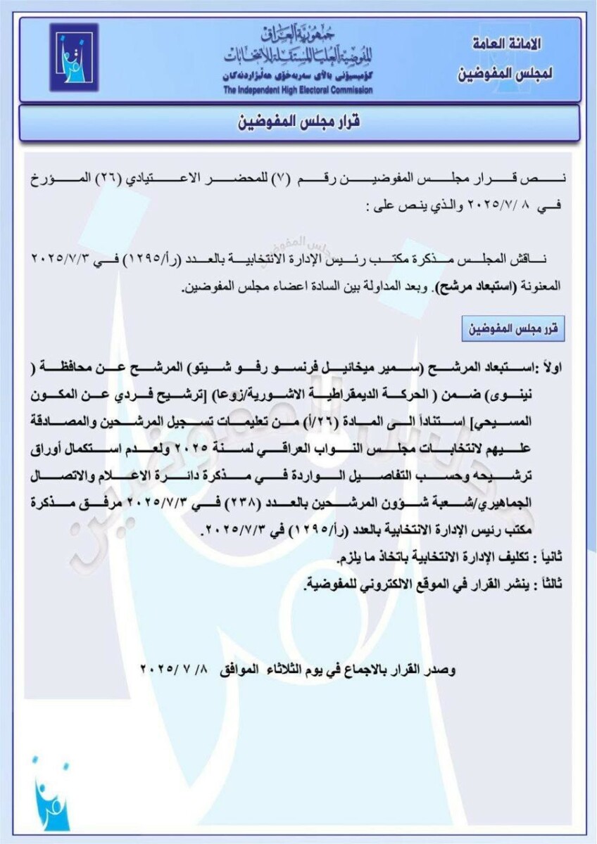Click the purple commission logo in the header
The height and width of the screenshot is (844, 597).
[73, 57]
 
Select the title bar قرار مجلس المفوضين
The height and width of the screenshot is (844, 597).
[299, 122]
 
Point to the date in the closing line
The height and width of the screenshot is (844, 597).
[177, 669]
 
